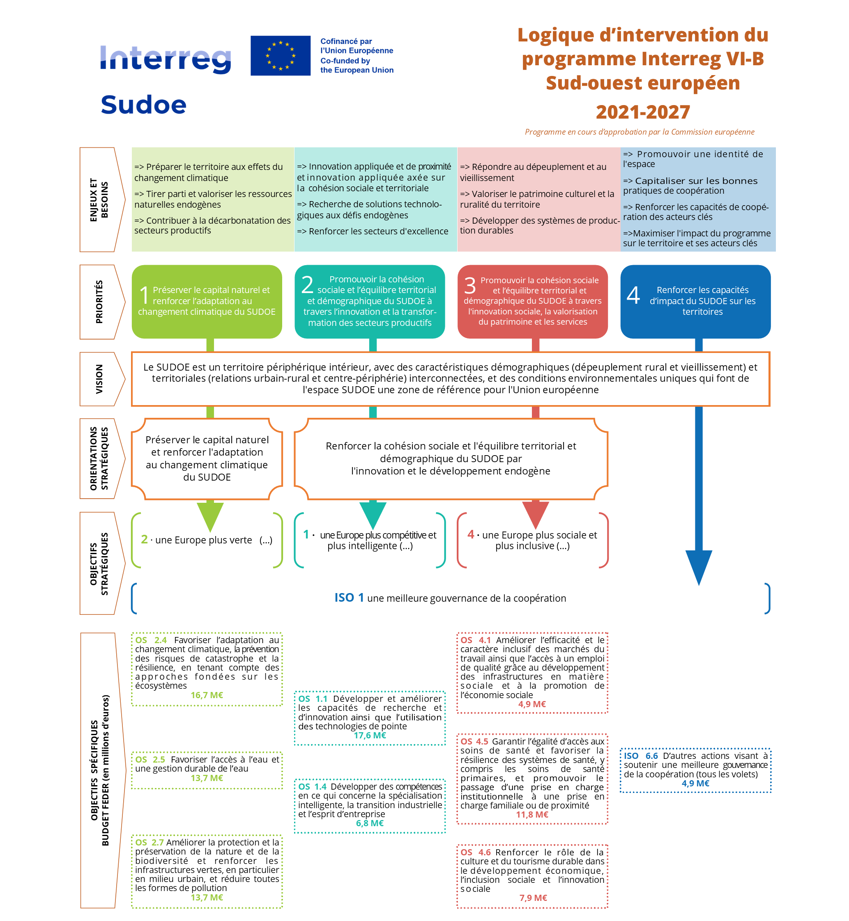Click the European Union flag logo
tap(280, 55)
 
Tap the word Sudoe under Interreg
tap(143, 105)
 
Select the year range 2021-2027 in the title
tap(643, 112)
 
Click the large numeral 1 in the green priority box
tap(144, 295)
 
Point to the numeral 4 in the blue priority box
tap(633, 295)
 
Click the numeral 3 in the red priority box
tap(469, 286)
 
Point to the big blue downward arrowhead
tap(698, 566)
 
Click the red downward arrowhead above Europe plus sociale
tap(535, 514)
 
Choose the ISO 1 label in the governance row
tap(349, 597)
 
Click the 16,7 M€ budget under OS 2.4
tap(207, 695)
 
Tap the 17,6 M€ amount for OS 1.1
tap(370, 735)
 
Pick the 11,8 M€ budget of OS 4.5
tap(532, 814)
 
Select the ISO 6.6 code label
tap(640, 756)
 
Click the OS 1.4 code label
tap(313, 786)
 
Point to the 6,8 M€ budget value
tap(370, 823)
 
